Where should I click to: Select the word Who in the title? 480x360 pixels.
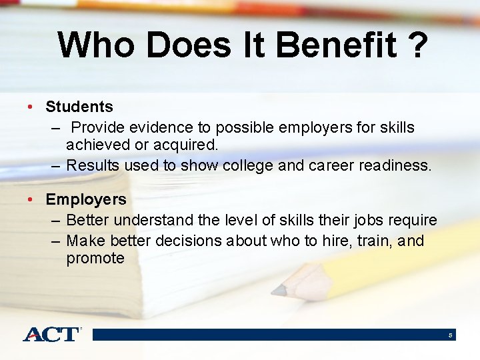(x=97, y=46)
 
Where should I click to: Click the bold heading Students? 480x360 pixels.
(x=79, y=107)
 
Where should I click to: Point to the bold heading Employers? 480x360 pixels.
(x=86, y=199)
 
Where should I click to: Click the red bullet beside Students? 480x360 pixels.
(x=31, y=107)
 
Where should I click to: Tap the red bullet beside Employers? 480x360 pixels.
(x=31, y=199)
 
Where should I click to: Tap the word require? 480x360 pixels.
(x=413, y=220)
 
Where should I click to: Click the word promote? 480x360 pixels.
(x=95, y=258)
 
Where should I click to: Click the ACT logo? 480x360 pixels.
(x=51, y=334)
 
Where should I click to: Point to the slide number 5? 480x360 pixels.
(x=451, y=335)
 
